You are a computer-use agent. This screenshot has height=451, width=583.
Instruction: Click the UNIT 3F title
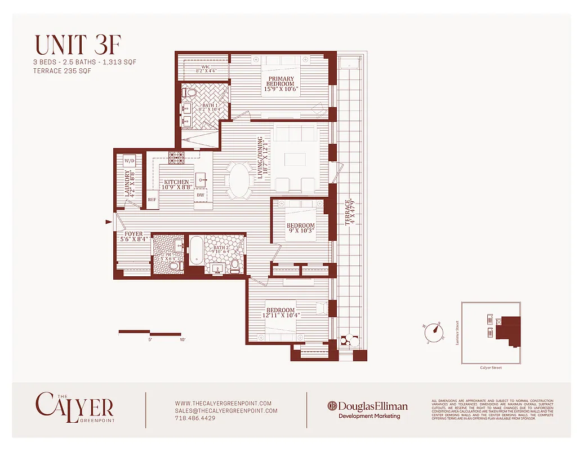click(77, 45)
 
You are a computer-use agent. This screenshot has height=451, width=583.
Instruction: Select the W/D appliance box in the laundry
click(130, 161)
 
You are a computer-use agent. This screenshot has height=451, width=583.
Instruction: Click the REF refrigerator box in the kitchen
click(152, 200)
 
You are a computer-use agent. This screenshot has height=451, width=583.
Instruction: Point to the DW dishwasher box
click(201, 195)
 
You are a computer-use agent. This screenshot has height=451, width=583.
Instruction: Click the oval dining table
click(239, 180)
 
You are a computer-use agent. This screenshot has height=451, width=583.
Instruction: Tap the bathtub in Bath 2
click(197, 250)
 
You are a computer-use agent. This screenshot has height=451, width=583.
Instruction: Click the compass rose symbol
click(434, 333)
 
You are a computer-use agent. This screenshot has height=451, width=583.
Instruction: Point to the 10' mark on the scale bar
click(182, 340)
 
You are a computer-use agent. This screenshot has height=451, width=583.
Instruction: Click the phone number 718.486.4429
click(195, 418)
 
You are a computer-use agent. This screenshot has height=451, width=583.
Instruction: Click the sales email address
click(226, 411)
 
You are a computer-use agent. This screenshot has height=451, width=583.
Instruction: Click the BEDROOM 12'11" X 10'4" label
click(281, 312)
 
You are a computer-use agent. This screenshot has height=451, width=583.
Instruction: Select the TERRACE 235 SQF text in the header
click(62, 72)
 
